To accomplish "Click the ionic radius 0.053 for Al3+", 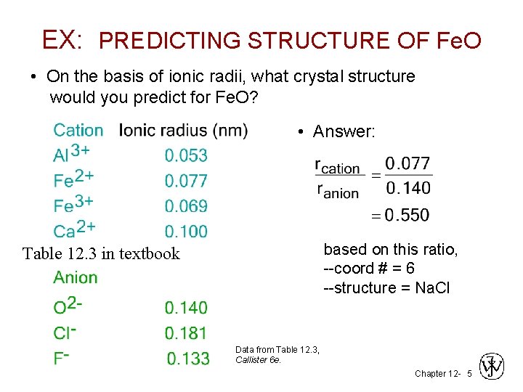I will [186, 155].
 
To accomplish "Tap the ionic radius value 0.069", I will [186, 206].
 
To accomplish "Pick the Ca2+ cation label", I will [74, 230].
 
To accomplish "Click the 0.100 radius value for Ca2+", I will [186, 232].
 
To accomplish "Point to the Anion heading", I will [75, 277].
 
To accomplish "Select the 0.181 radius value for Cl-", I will [186, 333].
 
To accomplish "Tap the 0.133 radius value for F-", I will [187, 359].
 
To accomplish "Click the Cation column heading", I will [78, 131].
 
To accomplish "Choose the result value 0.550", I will [408, 215].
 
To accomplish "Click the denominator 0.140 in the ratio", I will [408, 189].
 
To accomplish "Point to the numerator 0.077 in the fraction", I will [408, 163].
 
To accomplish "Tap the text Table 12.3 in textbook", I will [101, 253].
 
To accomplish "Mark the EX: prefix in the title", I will [62, 39].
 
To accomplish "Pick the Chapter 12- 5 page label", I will [442, 373].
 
